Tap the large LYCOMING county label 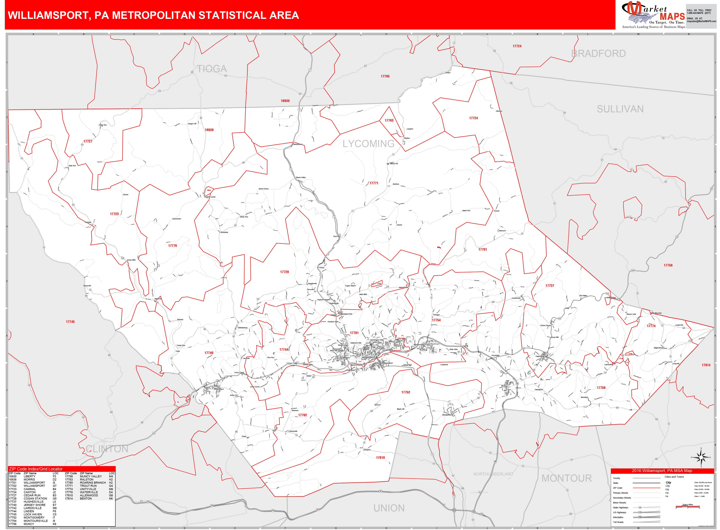[368, 144]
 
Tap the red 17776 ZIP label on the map [173, 246]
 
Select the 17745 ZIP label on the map [70, 322]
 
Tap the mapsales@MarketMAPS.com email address [701, 21]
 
